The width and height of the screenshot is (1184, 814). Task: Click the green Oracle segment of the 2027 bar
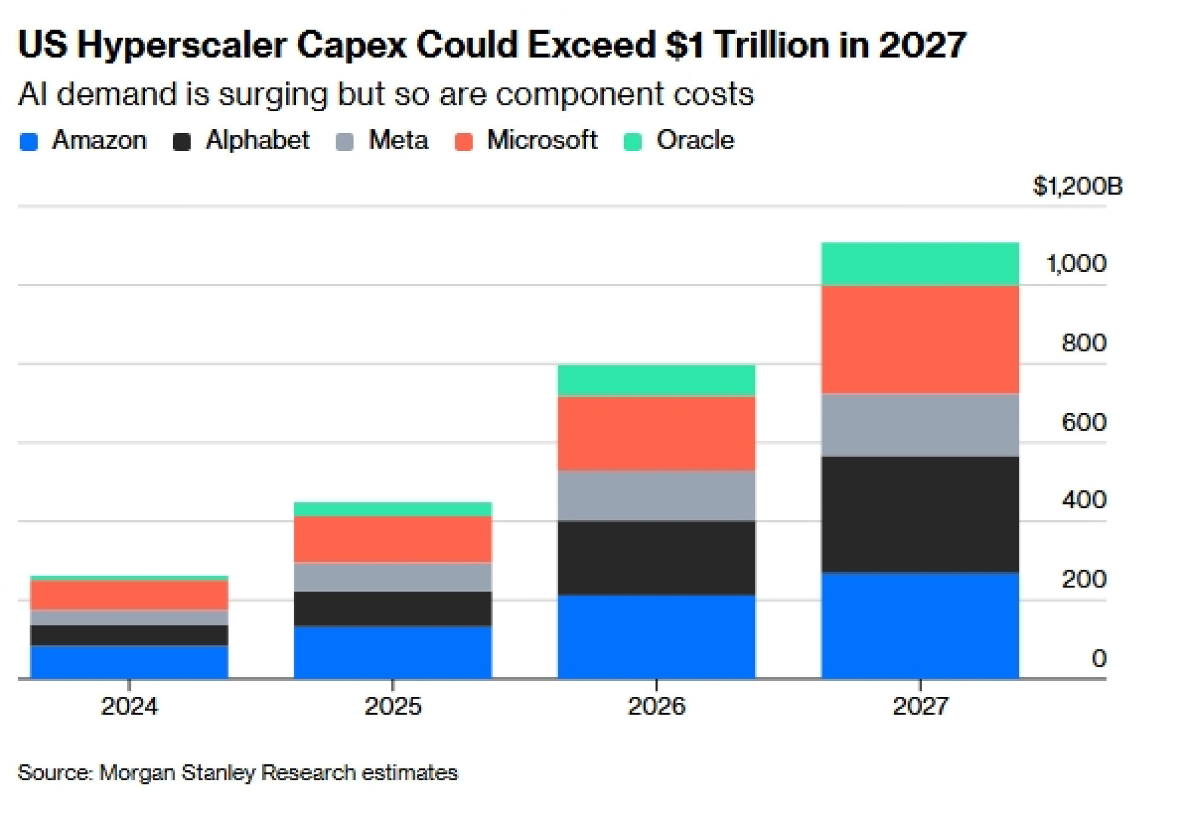pyautogui.click(x=920, y=264)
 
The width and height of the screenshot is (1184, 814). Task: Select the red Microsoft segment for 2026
pyautogui.click(x=657, y=434)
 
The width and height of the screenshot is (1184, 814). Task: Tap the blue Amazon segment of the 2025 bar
pyautogui.click(x=393, y=652)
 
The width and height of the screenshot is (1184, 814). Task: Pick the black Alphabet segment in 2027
pyautogui.click(x=920, y=514)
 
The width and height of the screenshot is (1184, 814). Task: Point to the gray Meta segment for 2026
pyautogui.click(x=657, y=496)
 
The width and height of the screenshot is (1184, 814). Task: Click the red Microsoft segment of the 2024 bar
pyautogui.click(x=130, y=595)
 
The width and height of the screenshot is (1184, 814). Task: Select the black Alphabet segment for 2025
pyautogui.click(x=393, y=609)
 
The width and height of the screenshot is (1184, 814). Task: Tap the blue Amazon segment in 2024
pyautogui.click(x=130, y=662)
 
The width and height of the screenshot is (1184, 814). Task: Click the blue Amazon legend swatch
pyautogui.click(x=29, y=142)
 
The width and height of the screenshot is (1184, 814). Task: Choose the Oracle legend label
pyautogui.click(x=695, y=141)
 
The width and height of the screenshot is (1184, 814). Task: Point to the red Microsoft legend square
pyautogui.click(x=464, y=142)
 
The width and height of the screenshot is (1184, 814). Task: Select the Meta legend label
pyautogui.click(x=398, y=141)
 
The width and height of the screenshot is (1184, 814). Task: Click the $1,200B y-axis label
pyautogui.click(x=1077, y=186)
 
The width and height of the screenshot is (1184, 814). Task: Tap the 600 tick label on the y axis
pyautogui.click(x=1084, y=422)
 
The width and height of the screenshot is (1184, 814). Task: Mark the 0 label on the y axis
pyautogui.click(x=1099, y=658)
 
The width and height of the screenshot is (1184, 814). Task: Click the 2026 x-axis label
pyautogui.click(x=657, y=706)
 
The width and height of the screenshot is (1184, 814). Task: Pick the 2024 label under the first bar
pyautogui.click(x=130, y=706)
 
